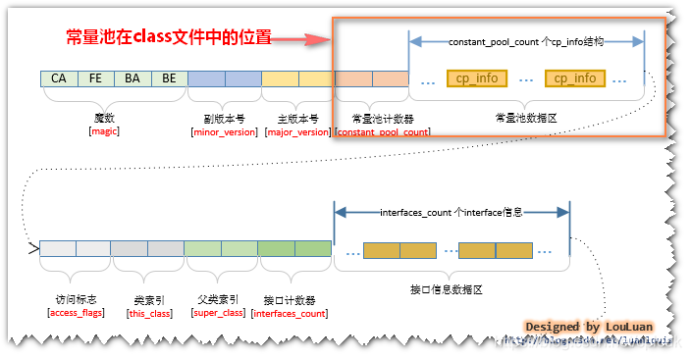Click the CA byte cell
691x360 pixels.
pyautogui.click(x=59, y=78)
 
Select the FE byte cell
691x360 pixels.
pyautogui.click(x=95, y=78)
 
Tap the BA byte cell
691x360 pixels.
pyautogui.click(x=132, y=78)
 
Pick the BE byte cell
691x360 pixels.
pyautogui.click(x=168, y=78)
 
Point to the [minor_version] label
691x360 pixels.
pyautogui.click(x=224, y=131)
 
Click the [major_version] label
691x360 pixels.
pyautogui.click(x=297, y=131)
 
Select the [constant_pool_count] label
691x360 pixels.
pyautogui.click(x=382, y=131)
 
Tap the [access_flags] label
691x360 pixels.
pyautogui.click(x=76, y=312)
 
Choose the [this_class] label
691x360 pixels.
pyautogui.click(x=149, y=312)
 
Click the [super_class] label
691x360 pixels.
pyautogui.click(x=220, y=312)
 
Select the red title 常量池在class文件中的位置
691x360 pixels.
pyautogui.click(x=167, y=38)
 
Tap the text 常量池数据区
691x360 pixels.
pyautogui.click(x=525, y=116)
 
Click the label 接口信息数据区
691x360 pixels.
pyautogui.click(x=449, y=290)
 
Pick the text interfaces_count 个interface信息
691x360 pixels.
pyautogui.click(x=452, y=212)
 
